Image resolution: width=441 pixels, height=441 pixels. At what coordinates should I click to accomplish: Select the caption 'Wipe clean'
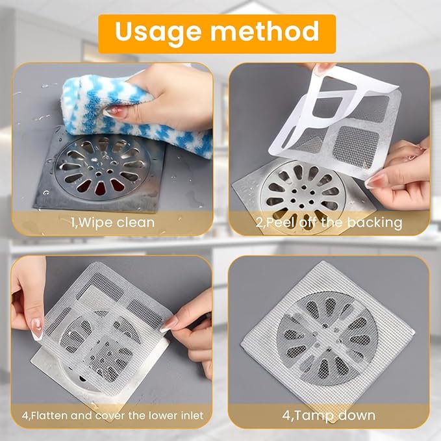point(113,223)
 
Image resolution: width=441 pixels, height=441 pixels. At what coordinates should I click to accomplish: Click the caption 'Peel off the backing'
point(329,223)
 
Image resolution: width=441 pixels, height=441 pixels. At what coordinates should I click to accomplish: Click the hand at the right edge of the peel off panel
point(406,175)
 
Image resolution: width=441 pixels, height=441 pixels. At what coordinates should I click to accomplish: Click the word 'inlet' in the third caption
point(192,415)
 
